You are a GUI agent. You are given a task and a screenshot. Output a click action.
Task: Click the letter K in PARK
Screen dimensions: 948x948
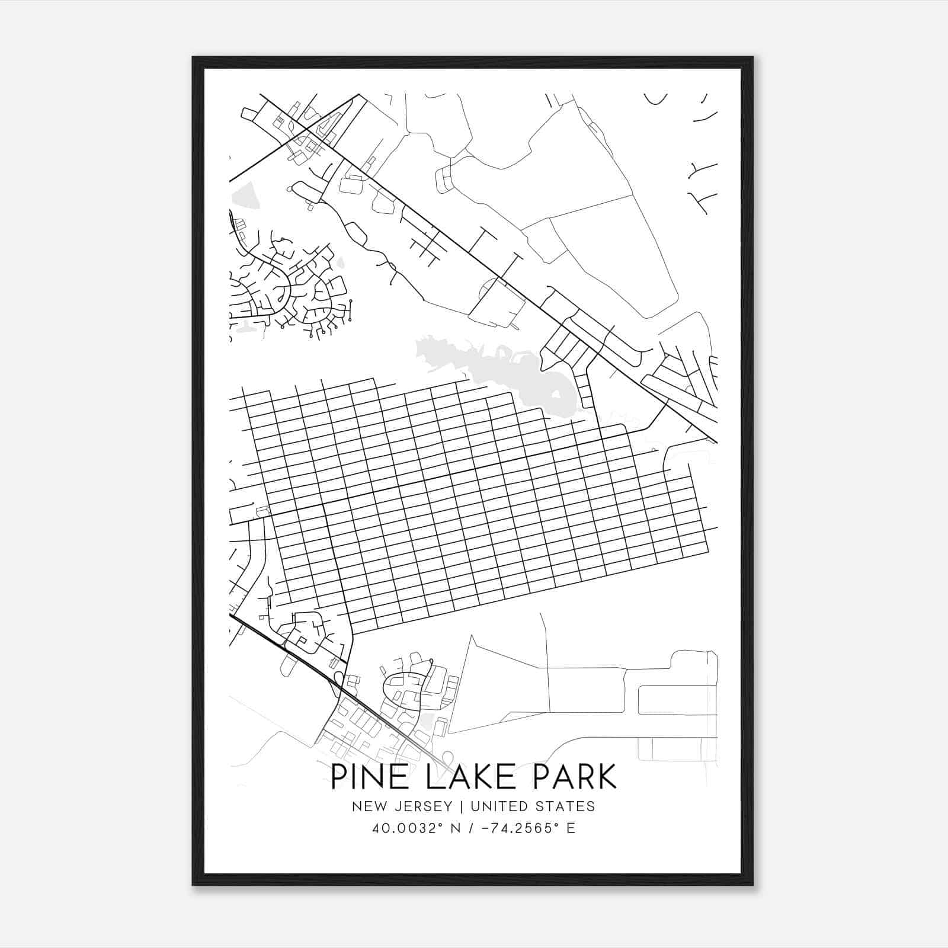[606, 777]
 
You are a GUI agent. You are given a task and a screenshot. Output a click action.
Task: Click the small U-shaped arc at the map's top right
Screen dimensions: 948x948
[656, 100]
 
